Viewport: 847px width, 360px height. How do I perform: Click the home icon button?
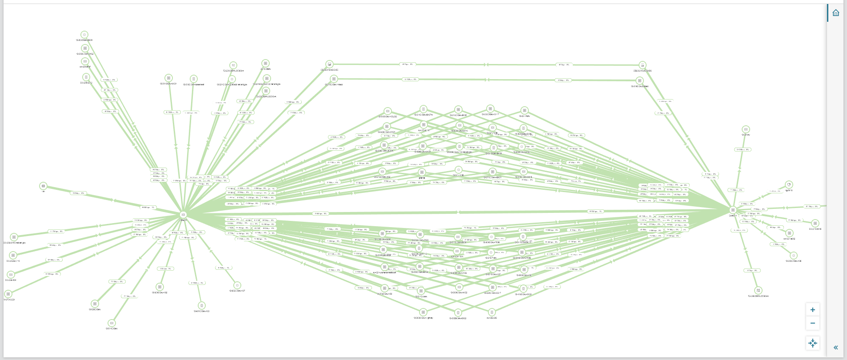click(835, 13)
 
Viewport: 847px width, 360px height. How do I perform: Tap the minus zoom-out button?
click(812, 323)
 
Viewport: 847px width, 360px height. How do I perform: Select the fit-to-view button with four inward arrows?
click(812, 343)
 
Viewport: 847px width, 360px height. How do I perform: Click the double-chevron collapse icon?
click(835, 348)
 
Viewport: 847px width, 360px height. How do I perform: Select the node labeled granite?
click(422, 172)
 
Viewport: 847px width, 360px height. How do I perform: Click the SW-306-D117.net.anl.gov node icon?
click(14, 237)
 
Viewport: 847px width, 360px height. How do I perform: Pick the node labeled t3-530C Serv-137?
click(237, 285)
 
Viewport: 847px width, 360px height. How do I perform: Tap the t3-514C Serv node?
click(112, 323)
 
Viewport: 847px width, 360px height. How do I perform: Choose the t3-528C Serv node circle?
click(95, 304)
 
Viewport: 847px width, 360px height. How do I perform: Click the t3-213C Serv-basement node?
click(193, 79)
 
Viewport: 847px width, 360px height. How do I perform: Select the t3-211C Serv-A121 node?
click(168, 78)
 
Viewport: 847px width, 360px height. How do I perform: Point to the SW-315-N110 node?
click(815, 224)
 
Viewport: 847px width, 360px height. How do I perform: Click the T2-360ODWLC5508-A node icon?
click(758, 290)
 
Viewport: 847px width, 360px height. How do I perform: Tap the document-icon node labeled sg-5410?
click(789, 184)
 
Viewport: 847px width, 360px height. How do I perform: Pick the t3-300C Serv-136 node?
click(793, 256)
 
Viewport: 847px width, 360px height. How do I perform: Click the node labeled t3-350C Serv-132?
click(160, 287)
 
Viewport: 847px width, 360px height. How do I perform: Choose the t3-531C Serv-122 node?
click(201, 306)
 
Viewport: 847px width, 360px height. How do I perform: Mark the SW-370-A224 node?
click(8, 294)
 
